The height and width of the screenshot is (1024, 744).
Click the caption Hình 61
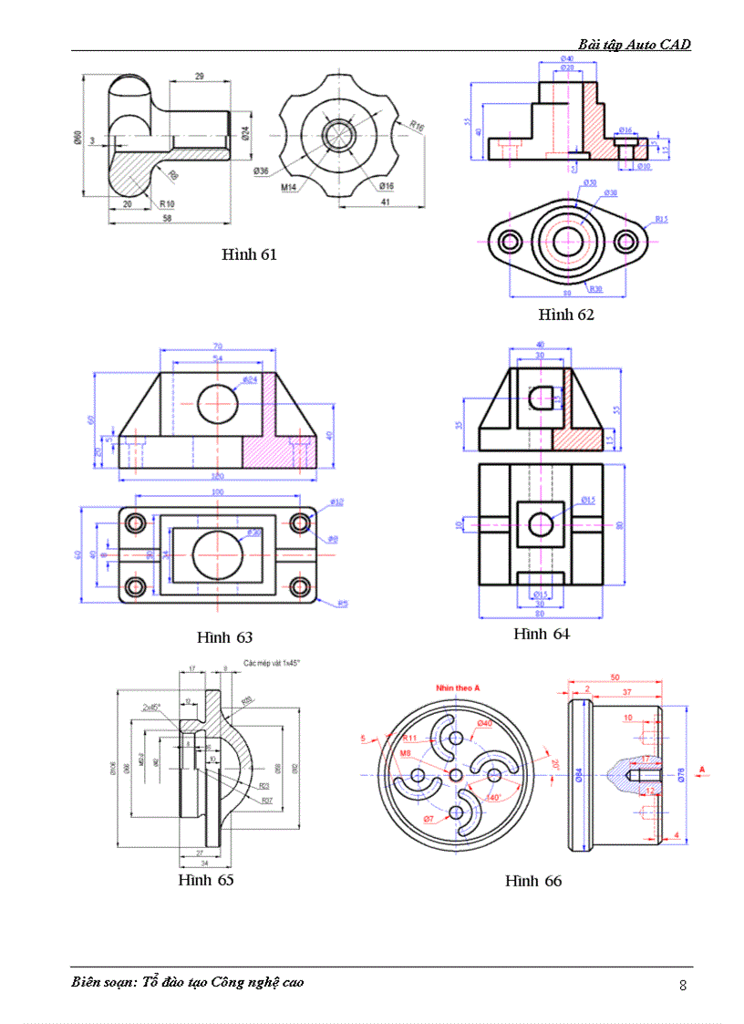248,254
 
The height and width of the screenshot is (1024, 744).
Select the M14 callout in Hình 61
288,187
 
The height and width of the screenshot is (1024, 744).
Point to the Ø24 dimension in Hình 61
245,133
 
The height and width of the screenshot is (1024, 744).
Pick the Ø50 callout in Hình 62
589,182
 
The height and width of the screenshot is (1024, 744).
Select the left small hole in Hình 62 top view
509,242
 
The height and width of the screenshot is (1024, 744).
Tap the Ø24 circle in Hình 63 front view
218,404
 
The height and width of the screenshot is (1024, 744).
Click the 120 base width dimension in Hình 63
217,477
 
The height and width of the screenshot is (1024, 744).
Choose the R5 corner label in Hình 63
342,603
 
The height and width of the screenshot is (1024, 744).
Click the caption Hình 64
541,634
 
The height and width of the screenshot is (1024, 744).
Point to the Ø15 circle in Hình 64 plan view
541,524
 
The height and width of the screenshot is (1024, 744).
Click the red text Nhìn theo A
458,687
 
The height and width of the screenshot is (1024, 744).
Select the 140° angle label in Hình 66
493,796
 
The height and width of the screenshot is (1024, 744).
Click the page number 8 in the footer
683,985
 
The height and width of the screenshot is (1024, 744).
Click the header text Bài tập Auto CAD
634,44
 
